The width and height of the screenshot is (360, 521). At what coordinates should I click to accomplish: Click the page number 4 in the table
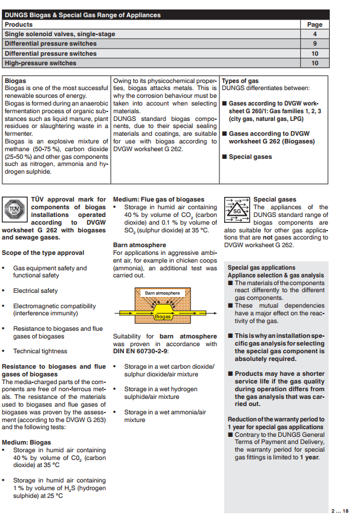(x=315, y=34)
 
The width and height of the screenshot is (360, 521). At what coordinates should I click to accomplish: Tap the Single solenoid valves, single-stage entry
(x=60, y=34)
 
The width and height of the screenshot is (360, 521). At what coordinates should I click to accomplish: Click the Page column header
(x=315, y=25)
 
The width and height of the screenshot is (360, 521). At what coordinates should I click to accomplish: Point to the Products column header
(x=18, y=25)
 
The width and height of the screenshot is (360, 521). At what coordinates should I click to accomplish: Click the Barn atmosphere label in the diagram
(x=162, y=293)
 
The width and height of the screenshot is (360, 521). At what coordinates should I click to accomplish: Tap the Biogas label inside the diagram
(x=163, y=317)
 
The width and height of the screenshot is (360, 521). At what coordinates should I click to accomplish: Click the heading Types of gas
(x=240, y=81)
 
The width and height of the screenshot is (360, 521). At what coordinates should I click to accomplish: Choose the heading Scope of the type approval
(x=43, y=253)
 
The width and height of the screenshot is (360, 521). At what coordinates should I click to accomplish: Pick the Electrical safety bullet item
(x=36, y=291)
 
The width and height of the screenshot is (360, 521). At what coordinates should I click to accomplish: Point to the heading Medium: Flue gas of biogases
(x=158, y=200)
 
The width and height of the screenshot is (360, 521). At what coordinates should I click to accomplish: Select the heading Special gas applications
(x=262, y=268)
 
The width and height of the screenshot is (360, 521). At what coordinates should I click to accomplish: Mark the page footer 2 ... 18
(x=340, y=511)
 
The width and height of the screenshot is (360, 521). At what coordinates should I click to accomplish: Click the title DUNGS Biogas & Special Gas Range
(x=82, y=15)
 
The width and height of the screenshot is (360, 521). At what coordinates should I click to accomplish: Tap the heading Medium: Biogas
(x=27, y=442)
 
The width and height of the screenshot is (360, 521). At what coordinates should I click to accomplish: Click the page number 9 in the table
(x=315, y=44)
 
